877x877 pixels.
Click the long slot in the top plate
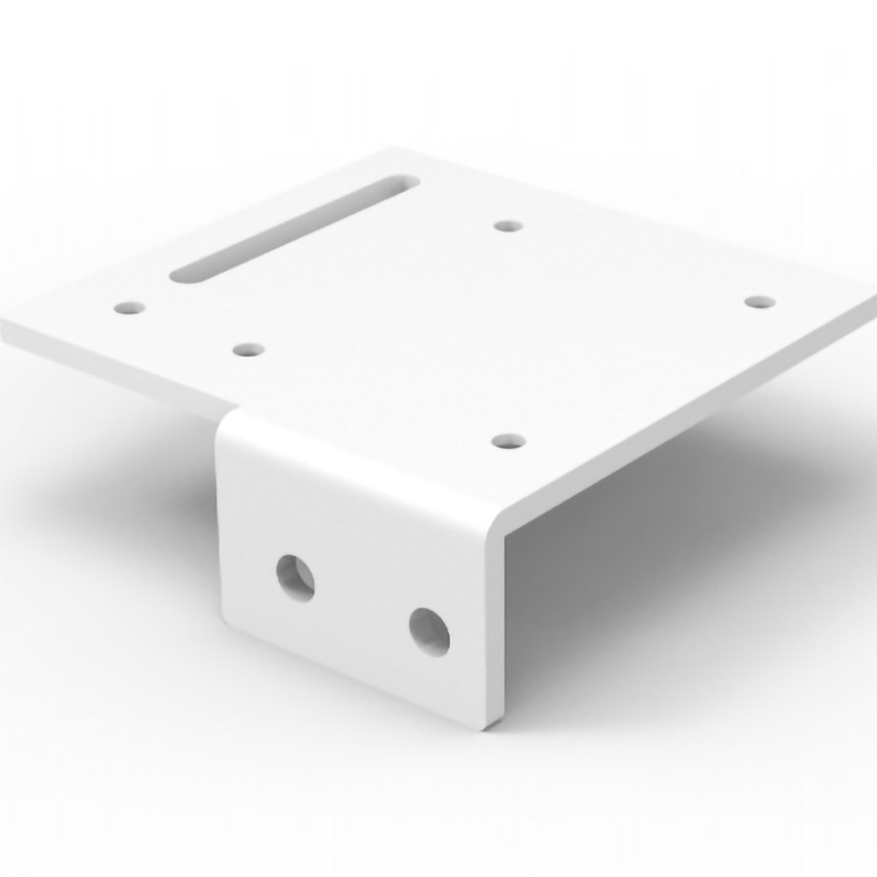pyautogui.click(x=294, y=231)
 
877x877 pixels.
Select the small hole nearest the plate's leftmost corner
pyautogui.click(x=131, y=308)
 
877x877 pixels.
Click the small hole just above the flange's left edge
pyautogui.click(x=249, y=350)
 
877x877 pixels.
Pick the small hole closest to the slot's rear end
pyautogui.click(x=508, y=225)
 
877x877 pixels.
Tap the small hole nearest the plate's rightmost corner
pyautogui.click(x=759, y=302)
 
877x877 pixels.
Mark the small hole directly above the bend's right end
pyautogui.click(x=506, y=439)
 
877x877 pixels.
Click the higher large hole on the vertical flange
pyautogui.click(x=296, y=577)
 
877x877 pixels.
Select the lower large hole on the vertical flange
pyautogui.click(x=429, y=631)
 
